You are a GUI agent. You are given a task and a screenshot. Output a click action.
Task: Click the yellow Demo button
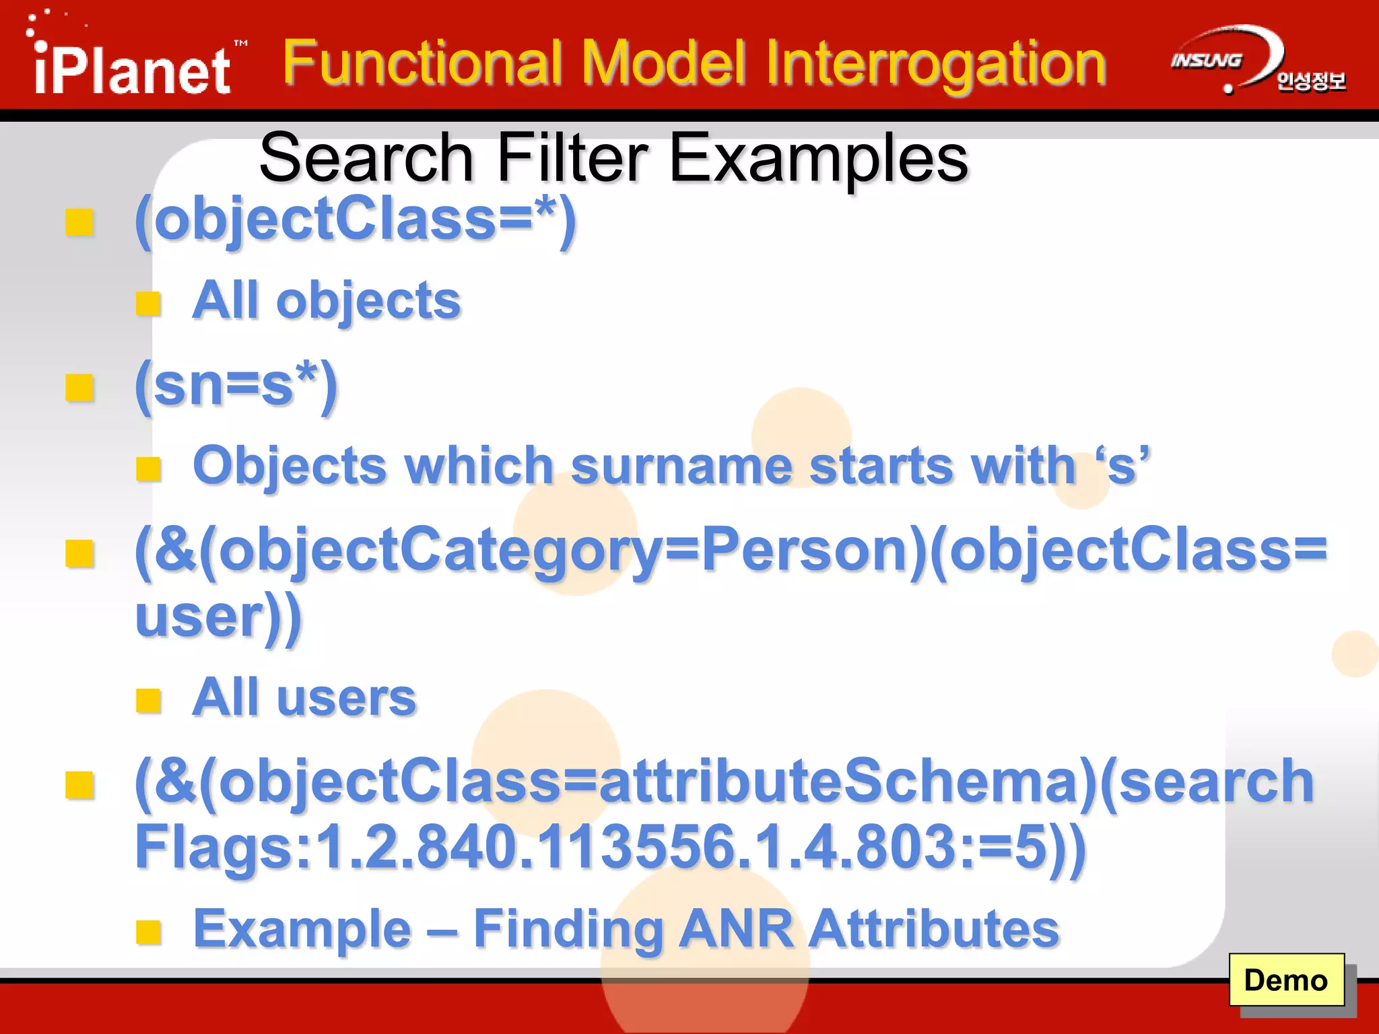pos(1286,980)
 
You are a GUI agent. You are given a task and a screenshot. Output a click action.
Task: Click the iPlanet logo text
pos(132,70)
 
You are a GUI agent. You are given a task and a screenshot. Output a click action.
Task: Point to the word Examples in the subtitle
pos(819,159)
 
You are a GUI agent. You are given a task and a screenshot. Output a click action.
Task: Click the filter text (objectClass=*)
pos(356,221)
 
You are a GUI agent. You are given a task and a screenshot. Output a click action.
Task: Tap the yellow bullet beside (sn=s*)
pos(79,388)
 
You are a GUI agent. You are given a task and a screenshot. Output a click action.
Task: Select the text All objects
pos(327,300)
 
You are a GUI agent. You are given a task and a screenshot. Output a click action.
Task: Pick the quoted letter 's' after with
pos(1122,466)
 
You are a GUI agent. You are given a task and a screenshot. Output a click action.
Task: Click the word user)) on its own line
pos(218,617)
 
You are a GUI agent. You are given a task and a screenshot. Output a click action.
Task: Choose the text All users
pos(304,697)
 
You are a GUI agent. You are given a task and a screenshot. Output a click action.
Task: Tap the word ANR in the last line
pos(736,929)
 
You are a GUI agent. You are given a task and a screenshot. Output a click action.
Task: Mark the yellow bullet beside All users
pos(148,700)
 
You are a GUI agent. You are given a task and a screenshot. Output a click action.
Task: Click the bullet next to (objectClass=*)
pos(79,222)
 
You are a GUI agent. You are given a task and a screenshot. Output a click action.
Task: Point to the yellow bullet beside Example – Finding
pos(148,932)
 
